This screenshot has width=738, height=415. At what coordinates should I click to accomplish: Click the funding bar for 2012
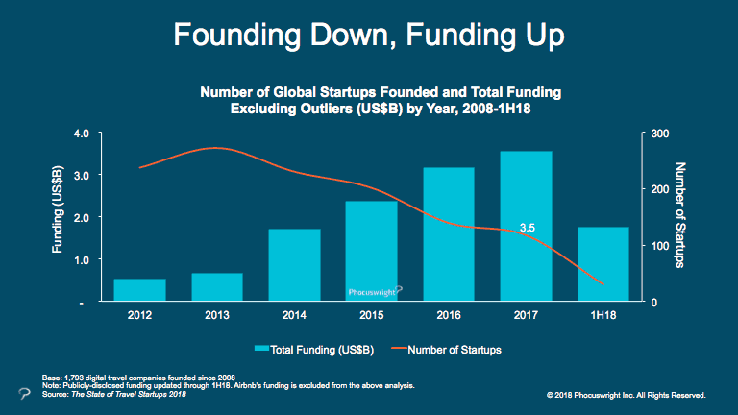pos(139,290)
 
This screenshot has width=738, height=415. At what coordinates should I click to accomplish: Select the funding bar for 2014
pos(295,265)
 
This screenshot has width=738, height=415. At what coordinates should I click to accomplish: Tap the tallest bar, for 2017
pos(526,226)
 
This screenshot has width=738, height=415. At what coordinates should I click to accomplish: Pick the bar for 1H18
pos(603,264)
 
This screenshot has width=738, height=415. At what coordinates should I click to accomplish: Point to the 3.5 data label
pos(528,228)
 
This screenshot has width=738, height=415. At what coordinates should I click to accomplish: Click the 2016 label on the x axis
pos(449,315)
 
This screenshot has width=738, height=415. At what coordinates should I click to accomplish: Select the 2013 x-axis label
pos(217,315)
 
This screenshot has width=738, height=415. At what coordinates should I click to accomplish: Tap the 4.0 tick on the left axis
pos(82,134)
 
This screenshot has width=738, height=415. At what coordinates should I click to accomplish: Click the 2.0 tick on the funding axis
pos(82,217)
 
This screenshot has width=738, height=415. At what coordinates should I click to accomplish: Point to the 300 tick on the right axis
pos(660,134)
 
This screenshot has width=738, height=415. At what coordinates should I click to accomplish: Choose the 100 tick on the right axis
pos(660,246)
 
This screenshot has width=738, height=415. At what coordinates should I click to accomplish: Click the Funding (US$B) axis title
pos(58,209)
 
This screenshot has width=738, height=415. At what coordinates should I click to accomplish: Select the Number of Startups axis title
pos(680,215)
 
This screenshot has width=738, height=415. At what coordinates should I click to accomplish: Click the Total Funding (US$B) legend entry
pos(314,350)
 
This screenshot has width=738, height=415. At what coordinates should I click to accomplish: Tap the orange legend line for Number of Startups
pos(399,349)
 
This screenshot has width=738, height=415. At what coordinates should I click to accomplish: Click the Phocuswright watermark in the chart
pos(375,292)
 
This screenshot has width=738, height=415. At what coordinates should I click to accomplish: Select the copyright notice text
pos(626,395)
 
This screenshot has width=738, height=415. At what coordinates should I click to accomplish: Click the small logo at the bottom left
pos(24,393)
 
